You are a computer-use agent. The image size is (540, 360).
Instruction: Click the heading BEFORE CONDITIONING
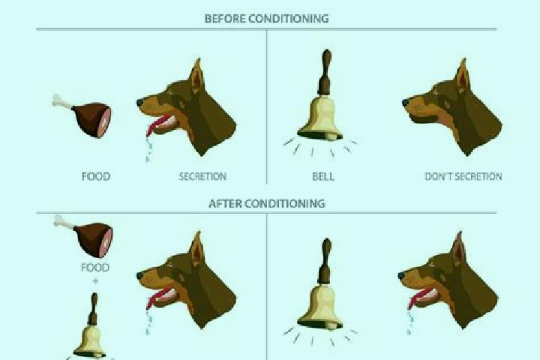[266, 18]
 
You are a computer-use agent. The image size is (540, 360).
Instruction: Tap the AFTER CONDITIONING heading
[267, 203]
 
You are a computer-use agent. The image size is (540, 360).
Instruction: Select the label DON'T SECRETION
[463, 176]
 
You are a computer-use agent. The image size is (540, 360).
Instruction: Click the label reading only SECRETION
[202, 176]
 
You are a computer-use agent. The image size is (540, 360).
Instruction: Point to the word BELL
[323, 176]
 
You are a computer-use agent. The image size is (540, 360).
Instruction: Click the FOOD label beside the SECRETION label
[96, 176]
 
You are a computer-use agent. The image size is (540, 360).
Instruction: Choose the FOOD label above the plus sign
[95, 267]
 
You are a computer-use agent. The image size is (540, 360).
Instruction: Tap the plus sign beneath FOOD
[95, 281]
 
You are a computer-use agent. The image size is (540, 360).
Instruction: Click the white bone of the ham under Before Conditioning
[61, 101]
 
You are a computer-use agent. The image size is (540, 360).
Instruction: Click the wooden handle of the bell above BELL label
[325, 72]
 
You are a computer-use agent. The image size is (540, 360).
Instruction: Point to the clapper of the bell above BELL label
[331, 137]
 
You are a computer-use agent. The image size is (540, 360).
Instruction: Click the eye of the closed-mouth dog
[435, 92]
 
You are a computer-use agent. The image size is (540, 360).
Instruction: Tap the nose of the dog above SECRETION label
[139, 102]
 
